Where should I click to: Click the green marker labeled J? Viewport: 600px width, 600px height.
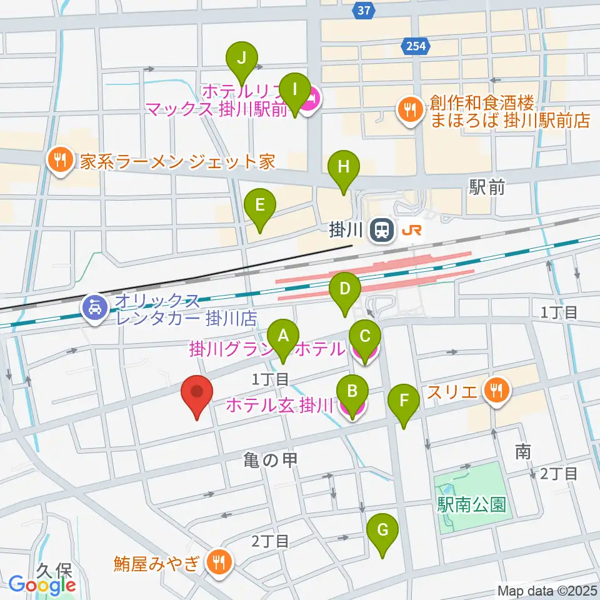pyautogui.click(x=243, y=61)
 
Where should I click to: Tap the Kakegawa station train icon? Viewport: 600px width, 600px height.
pyautogui.click(x=381, y=231)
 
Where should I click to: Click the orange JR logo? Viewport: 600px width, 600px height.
pyautogui.click(x=411, y=231)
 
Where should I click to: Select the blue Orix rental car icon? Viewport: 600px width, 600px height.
pyautogui.click(x=94, y=308)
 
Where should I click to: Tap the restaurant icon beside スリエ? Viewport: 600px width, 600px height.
pyautogui.click(x=498, y=392)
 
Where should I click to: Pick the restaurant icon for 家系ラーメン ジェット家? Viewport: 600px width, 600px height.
pyautogui.click(x=59, y=161)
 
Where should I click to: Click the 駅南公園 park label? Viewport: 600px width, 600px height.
pyautogui.click(x=471, y=504)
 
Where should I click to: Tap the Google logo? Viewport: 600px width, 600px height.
pyautogui.click(x=42, y=586)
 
